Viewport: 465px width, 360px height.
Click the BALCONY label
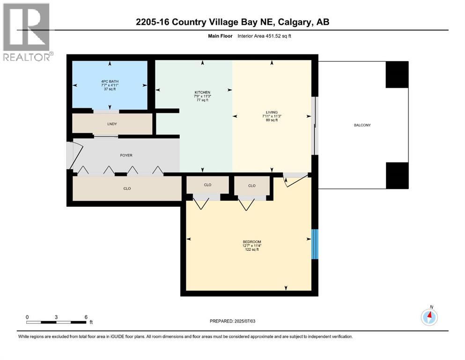point(363,125)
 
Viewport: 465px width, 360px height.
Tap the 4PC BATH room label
point(110,82)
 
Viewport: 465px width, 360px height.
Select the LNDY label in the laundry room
point(111,124)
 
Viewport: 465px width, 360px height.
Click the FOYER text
point(126,155)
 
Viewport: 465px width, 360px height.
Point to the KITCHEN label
point(202,92)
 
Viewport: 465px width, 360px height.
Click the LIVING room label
point(272,112)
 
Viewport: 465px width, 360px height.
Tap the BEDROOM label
point(252,242)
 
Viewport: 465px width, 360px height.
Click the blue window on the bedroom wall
point(315,244)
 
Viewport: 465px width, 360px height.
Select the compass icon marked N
point(429,317)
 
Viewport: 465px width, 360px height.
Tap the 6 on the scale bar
point(86,317)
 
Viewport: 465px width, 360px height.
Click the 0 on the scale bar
point(27,317)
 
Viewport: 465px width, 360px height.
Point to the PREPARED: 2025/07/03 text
point(233,321)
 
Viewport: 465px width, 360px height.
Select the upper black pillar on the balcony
point(397,75)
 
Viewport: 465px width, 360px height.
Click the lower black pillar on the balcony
point(397,175)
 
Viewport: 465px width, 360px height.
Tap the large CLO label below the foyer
point(127,188)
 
